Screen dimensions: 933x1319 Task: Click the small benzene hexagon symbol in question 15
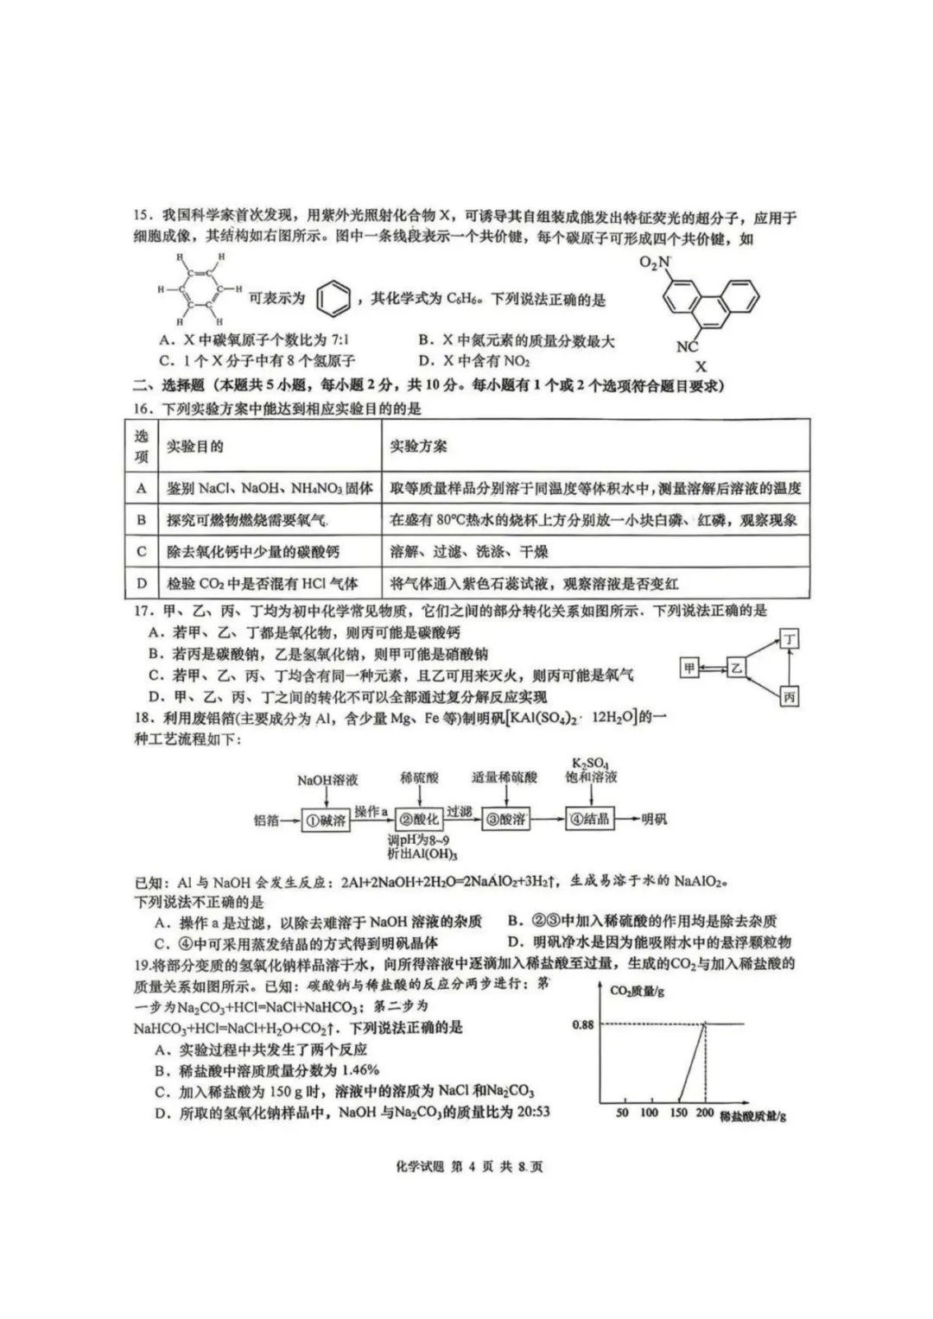pyautogui.click(x=334, y=299)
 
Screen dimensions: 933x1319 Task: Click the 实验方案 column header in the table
pyautogui.click(x=419, y=446)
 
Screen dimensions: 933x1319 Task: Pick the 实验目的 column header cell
pyautogui.click(x=195, y=446)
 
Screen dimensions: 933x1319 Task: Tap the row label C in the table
pyautogui.click(x=143, y=551)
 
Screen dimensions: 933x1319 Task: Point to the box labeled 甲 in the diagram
pyautogui.click(x=689, y=668)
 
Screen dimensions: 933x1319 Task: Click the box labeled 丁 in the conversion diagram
pyautogui.click(x=789, y=639)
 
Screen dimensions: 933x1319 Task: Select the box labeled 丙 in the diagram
pyautogui.click(x=789, y=696)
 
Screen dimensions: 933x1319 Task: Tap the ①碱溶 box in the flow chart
pyautogui.click(x=325, y=820)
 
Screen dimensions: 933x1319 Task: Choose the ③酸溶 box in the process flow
pyautogui.click(x=505, y=819)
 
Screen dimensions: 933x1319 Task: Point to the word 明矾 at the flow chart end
pyautogui.click(x=654, y=819)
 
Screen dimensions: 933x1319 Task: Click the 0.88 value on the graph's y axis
pyautogui.click(x=583, y=1024)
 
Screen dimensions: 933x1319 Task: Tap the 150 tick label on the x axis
pyautogui.click(x=678, y=1113)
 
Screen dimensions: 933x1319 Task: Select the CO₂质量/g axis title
pyautogui.click(x=638, y=991)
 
